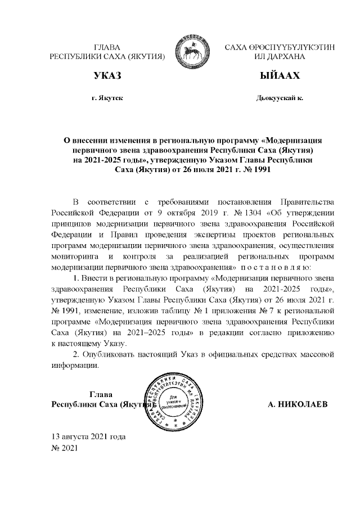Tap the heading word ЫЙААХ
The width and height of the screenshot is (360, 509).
[x=279, y=76]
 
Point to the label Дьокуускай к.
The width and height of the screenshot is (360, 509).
[x=279, y=98]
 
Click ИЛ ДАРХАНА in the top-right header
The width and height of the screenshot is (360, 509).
[x=279, y=57]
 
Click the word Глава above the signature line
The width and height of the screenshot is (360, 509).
[x=101, y=394]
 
